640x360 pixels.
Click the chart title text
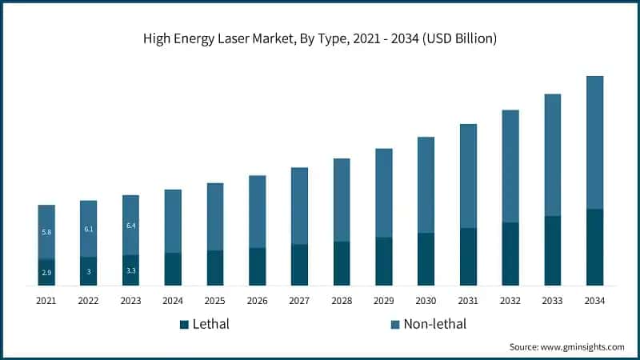[319, 38]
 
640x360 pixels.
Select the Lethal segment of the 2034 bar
[594, 247]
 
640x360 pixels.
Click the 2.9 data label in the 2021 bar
[46, 274]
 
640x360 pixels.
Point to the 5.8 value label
[46, 232]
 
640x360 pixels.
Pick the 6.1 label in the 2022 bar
[89, 229]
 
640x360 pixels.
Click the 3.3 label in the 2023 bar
[131, 270]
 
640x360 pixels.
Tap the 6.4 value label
[131, 226]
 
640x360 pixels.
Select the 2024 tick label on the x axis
[173, 301]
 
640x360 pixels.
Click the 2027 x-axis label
[299, 301]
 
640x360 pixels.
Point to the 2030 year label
[426, 301]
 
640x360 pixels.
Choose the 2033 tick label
[552, 301]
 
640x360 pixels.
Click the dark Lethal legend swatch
[184, 324]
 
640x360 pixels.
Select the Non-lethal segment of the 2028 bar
[342, 200]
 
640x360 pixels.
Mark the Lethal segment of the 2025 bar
[215, 268]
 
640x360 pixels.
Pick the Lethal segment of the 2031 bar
[468, 257]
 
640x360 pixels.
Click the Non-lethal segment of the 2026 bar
[257, 212]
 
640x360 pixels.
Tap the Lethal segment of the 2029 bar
[384, 262]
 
